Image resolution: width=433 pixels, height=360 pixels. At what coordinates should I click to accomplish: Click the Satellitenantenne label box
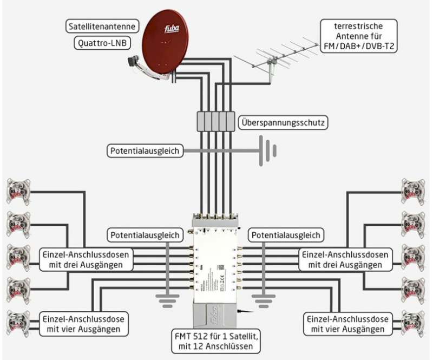pyautogui.click(x=102, y=27)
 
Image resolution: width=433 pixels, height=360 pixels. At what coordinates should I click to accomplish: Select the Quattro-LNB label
pyautogui.click(x=102, y=43)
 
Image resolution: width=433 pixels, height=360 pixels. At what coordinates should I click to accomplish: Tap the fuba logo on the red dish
pyautogui.click(x=172, y=29)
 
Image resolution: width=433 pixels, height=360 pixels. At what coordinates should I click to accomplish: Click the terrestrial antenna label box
pyautogui.click(x=358, y=36)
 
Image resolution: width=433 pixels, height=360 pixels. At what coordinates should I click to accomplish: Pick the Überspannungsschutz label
pyautogui.click(x=283, y=122)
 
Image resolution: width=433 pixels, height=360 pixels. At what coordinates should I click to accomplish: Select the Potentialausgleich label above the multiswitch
pyautogui.click(x=145, y=151)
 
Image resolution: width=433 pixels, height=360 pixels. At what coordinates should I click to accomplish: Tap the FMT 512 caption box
pyautogui.click(x=216, y=341)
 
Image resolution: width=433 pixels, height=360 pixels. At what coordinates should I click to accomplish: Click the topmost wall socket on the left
pyautogui.click(x=18, y=192)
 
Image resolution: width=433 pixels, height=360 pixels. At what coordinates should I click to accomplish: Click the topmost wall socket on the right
pyautogui.click(x=413, y=192)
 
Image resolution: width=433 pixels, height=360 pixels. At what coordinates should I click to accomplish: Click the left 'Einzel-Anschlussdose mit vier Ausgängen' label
pyautogui.click(x=84, y=324)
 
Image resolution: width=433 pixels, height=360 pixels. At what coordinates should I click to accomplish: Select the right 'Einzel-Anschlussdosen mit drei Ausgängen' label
pyautogui.click(x=345, y=259)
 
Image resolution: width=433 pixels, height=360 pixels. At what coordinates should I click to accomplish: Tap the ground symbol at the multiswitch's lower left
pyautogui.click(x=167, y=301)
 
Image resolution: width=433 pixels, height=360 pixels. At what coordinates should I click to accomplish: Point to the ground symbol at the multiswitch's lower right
pyautogui.click(x=264, y=301)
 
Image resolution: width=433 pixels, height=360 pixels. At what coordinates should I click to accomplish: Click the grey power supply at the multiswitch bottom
pyautogui.click(x=215, y=315)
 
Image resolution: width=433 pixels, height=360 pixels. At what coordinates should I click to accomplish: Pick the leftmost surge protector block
pyautogui.click(x=201, y=121)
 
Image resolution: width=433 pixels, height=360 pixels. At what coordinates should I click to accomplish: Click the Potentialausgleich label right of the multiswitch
pyautogui.click(x=286, y=235)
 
